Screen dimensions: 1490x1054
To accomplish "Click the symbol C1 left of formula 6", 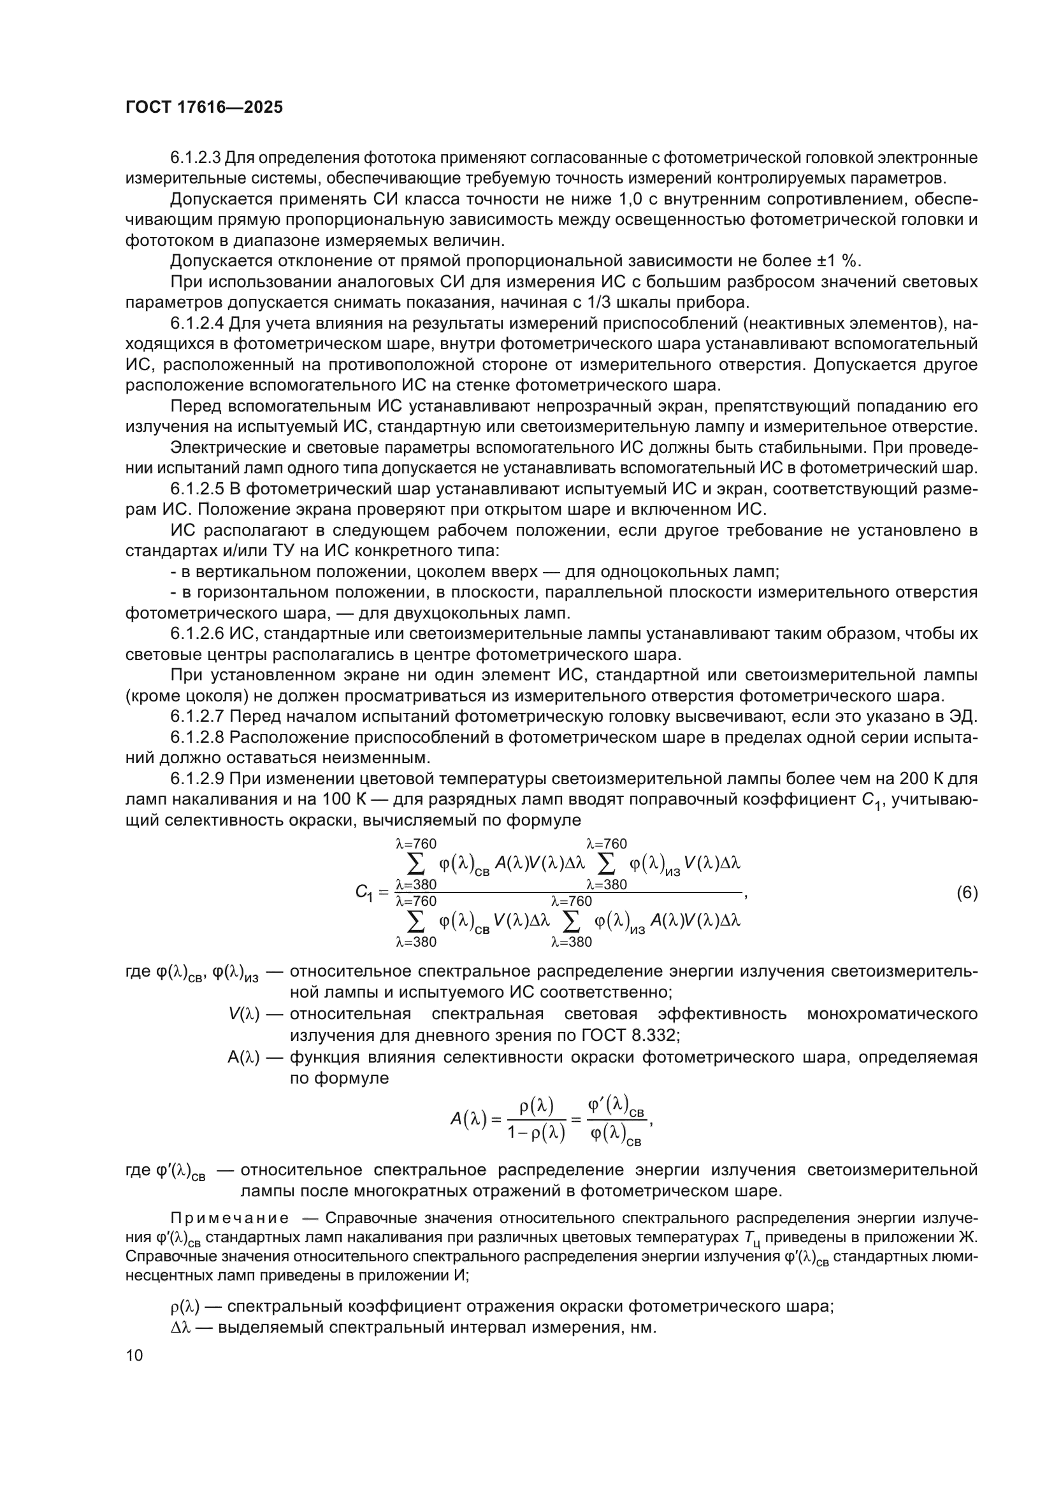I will pos(364,893).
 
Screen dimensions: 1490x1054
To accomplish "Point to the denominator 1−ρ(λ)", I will pos(536,1133).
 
